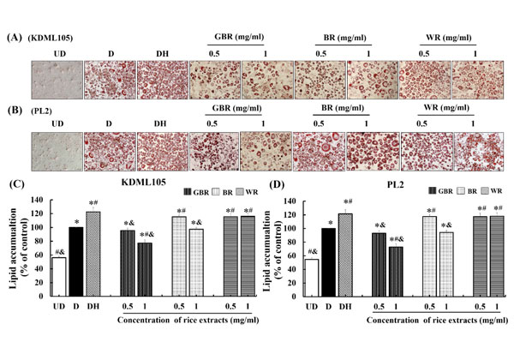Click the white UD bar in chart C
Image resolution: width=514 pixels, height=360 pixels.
point(58,280)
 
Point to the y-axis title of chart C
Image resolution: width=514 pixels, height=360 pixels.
point(13,253)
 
